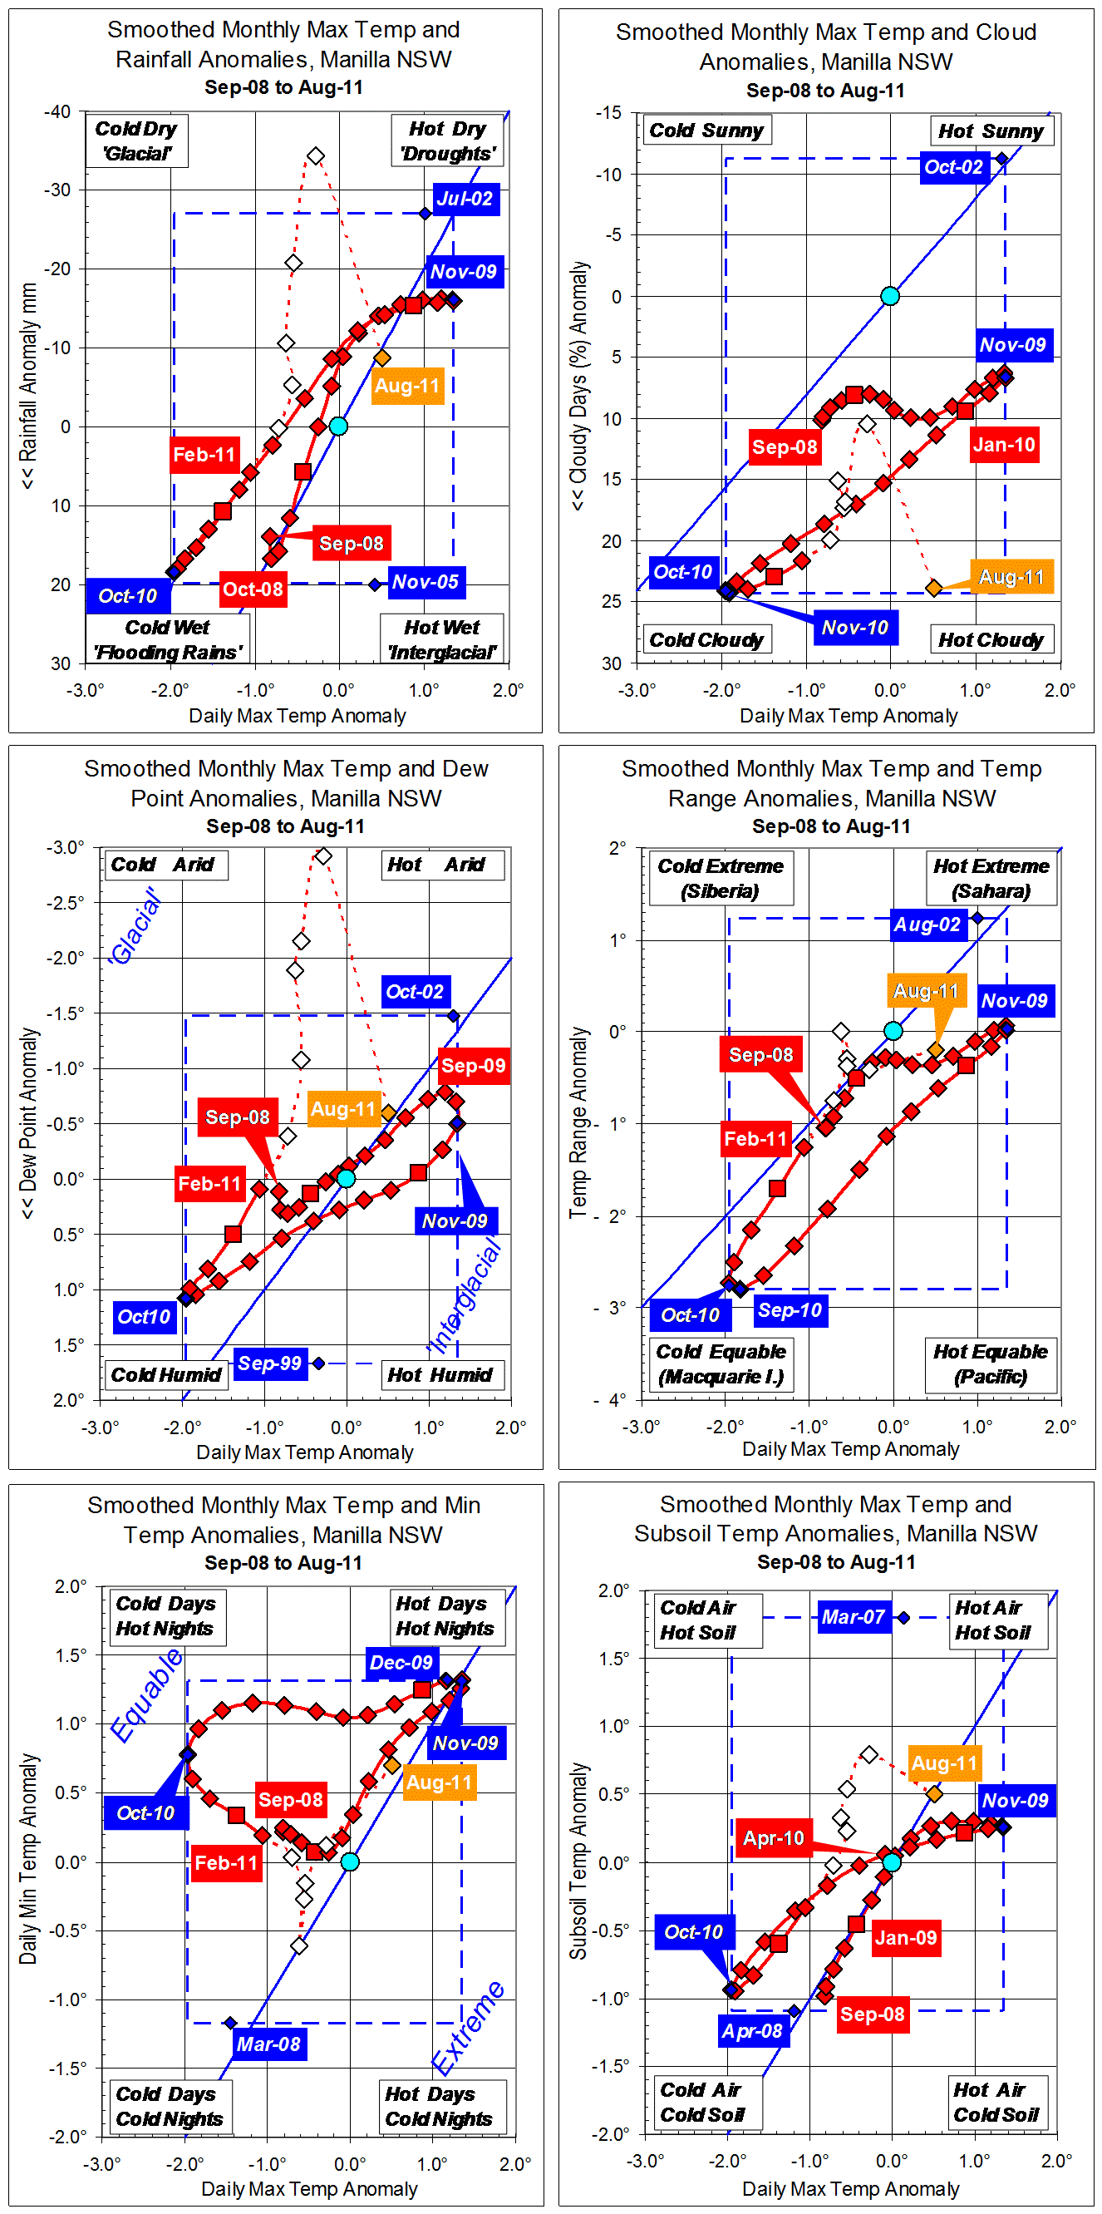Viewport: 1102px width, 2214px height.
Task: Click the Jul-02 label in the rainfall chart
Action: click(465, 200)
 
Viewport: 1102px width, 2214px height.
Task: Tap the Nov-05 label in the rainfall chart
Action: click(426, 582)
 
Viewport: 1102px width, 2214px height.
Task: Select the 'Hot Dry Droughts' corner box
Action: click(446, 141)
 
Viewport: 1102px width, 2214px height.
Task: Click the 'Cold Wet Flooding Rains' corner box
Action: click(169, 639)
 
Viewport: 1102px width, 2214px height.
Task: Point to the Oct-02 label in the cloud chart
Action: click(952, 167)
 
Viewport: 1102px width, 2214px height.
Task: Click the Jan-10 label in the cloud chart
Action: click(1003, 444)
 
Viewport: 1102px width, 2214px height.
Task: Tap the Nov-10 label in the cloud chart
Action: click(854, 628)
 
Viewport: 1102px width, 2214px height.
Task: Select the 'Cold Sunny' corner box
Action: click(706, 131)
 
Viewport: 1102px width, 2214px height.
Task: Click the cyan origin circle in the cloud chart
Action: click(890, 297)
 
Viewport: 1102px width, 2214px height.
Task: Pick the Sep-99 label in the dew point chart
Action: click(270, 1363)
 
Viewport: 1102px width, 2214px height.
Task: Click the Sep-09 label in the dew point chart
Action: click(473, 1066)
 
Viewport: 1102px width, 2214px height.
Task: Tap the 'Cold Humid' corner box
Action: click(165, 1375)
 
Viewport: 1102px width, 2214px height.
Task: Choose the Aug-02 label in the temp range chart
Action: click(927, 925)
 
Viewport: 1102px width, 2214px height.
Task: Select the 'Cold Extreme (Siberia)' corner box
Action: click(721, 877)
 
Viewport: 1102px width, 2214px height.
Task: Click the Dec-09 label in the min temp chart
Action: click(401, 1662)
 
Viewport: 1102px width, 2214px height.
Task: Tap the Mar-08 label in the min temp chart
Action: click(268, 2044)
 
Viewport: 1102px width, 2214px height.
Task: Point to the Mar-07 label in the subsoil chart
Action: click(853, 1617)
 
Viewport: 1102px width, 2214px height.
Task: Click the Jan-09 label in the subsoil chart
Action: click(905, 1937)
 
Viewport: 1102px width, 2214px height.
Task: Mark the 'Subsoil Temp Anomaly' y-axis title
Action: click(579, 1861)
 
